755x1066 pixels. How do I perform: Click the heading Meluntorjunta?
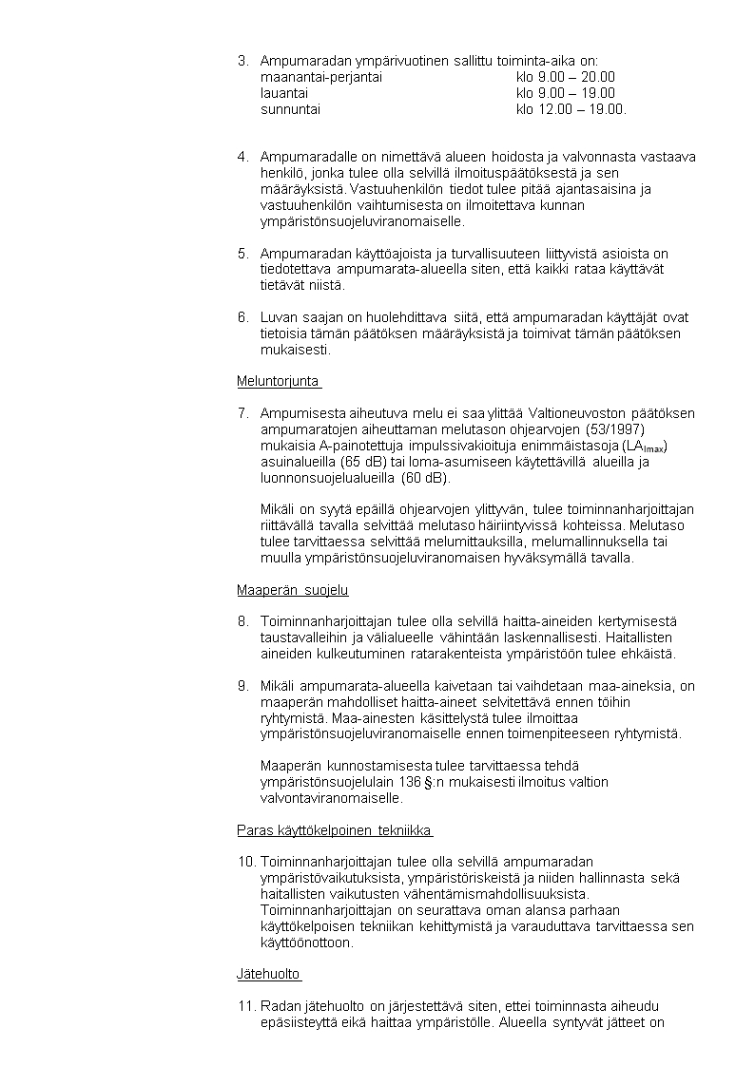tap(278, 382)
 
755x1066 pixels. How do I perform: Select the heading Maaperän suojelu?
tap(292, 591)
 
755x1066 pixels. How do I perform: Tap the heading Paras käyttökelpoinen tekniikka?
tap(334, 831)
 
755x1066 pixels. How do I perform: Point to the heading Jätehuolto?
tap(268, 975)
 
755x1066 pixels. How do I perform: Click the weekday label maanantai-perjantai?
tap(321, 77)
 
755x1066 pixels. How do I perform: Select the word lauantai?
tap(284, 93)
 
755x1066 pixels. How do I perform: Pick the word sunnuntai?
tap(290, 109)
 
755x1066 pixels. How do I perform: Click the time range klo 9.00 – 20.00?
tap(566, 77)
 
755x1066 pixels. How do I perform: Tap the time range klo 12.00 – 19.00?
tap(571, 109)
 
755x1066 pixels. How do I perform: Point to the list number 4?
tap(242, 157)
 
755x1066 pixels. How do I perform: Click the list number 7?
tap(242, 413)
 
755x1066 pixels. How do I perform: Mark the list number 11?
tap(245, 1006)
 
